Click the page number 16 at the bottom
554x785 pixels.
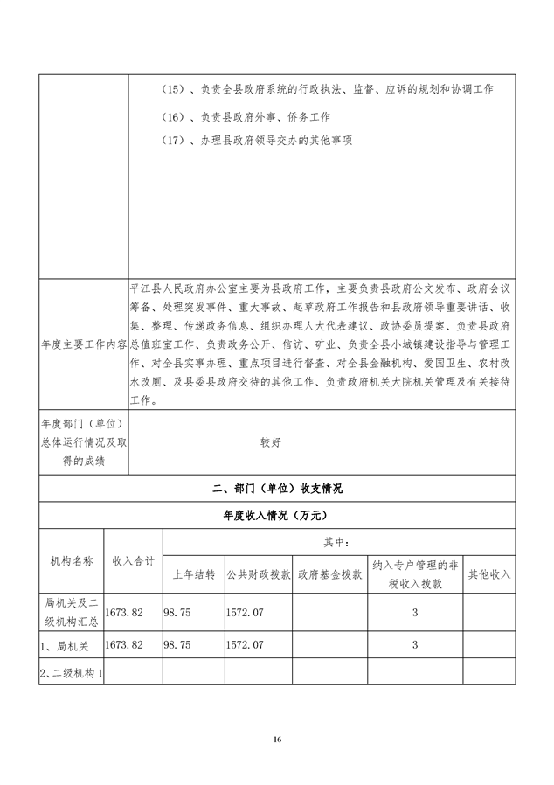coord(277,740)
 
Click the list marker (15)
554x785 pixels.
coord(176,90)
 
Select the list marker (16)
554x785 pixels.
coord(176,115)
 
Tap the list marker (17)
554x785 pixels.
coord(176,140)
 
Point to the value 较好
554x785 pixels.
coord(270,443)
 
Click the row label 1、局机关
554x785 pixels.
coord(65,644)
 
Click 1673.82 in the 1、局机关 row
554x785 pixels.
coord(124,644)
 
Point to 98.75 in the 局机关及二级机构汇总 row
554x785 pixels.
coord(178,613)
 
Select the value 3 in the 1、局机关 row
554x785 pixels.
coord(414,644)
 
